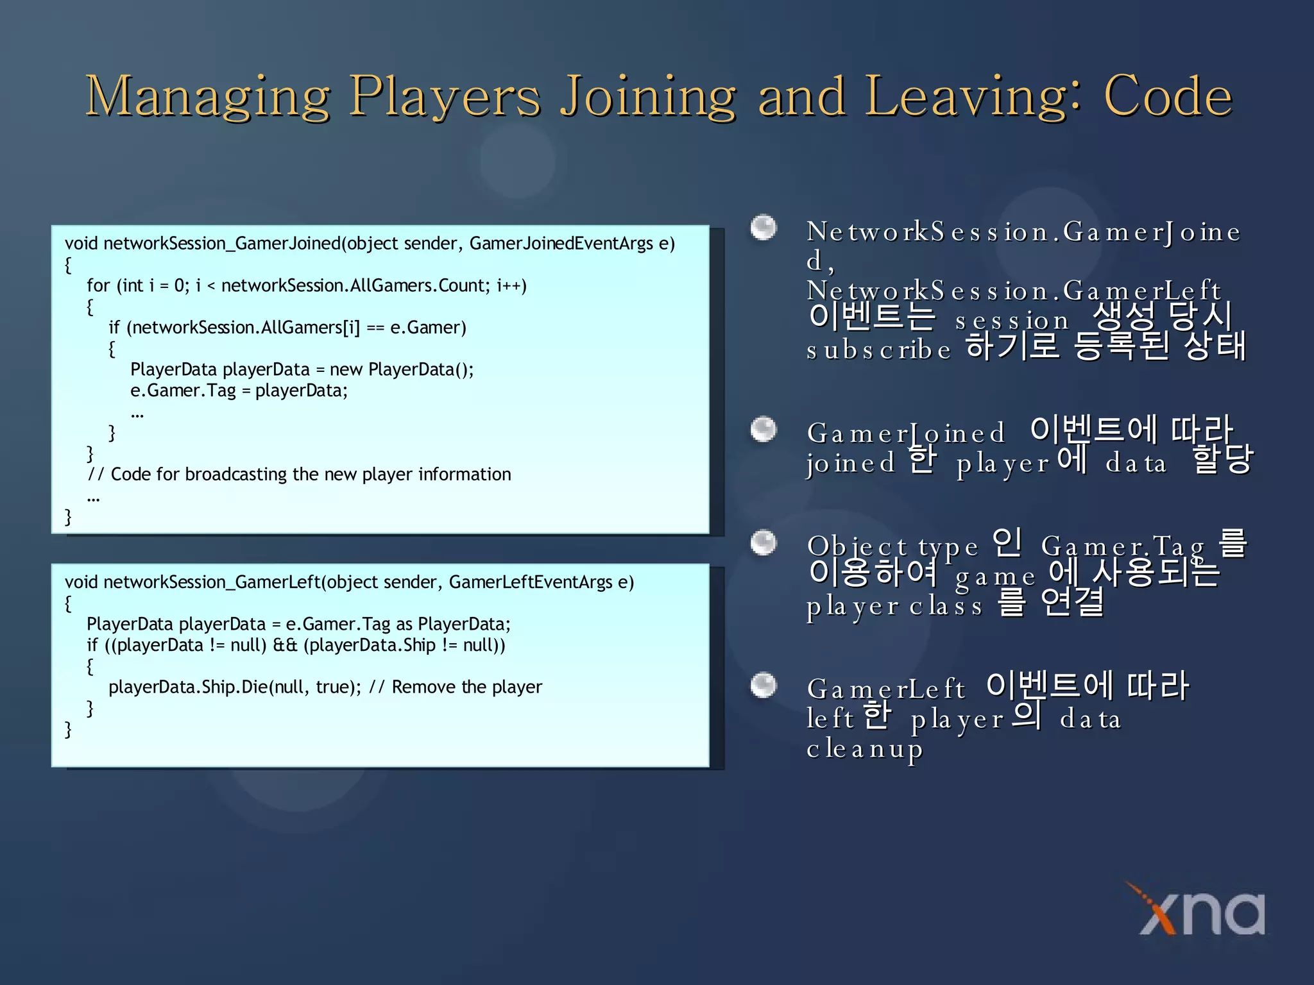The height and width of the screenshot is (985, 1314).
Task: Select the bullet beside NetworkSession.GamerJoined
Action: click(x=764, y=228)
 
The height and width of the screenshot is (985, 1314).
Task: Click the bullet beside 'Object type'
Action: click(x=764, y=543)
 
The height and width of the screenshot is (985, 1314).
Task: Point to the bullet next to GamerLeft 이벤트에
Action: click(x=764, y=685)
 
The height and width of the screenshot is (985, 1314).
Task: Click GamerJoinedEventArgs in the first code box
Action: click(x=561, y=244)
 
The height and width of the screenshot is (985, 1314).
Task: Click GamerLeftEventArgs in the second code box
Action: click(x=531, y=582)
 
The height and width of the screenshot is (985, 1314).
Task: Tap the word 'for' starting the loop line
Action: click(x=98, y=285)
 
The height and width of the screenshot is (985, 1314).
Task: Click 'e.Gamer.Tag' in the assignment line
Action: click(x=183, y=391)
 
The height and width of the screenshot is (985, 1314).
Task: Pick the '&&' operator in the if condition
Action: click(x=285, y=645)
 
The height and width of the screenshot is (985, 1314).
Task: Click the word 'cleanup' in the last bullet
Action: click(x=864, y=749)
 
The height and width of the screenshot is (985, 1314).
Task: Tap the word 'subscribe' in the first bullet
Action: click(x=878, y=350)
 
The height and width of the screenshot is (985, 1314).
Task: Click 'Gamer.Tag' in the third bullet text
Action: click(x=1123, y=546)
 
